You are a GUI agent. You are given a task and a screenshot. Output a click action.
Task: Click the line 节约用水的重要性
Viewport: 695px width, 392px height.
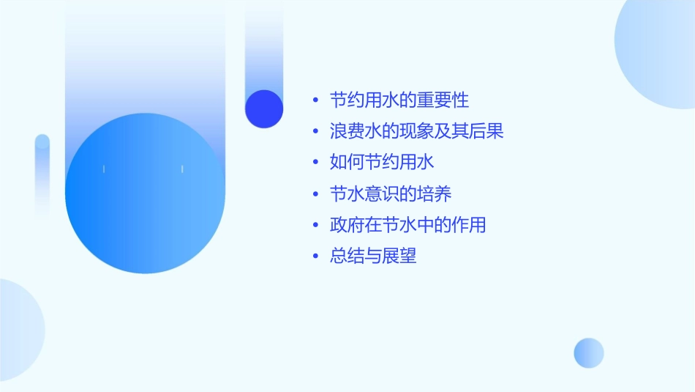tap(399, 100)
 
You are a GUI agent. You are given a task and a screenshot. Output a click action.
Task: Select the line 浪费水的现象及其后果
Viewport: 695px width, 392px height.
tap(417, 131)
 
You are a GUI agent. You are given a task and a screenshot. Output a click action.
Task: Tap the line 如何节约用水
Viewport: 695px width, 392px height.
tap(383, 162)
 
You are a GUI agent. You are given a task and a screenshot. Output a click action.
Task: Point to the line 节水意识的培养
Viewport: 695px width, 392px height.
tap(391, 193)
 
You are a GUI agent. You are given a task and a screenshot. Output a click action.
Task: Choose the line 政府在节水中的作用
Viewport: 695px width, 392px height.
tap(408, 225)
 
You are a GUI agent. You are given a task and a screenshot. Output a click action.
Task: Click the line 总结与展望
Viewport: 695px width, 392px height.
tap(373, 256)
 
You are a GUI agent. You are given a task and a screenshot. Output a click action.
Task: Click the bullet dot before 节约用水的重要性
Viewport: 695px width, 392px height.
tap(315, 100)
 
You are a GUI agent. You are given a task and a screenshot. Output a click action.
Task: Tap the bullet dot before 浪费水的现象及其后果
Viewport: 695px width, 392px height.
tap(315, 132)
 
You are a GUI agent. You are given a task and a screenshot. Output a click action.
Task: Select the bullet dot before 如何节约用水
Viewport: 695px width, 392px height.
tap(315, 163)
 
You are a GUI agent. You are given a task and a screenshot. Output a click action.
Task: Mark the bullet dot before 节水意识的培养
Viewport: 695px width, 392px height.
tap(315, 194)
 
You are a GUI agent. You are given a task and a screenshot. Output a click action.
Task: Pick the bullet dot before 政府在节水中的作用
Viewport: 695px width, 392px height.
tap(315, 226)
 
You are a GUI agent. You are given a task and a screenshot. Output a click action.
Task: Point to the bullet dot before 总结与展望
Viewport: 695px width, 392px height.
tap(315, 257)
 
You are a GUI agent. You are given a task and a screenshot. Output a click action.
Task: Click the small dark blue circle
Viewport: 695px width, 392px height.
tap(264, 108)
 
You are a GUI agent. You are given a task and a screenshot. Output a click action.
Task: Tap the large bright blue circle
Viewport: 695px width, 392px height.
tap(145, 193)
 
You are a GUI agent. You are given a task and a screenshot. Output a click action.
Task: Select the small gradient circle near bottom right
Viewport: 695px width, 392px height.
tap(589, 353)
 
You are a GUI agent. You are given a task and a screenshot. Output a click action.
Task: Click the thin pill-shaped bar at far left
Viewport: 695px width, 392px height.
tap(42, 176)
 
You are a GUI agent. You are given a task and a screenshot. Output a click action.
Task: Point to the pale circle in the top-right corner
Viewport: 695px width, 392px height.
tap(658, 51)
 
